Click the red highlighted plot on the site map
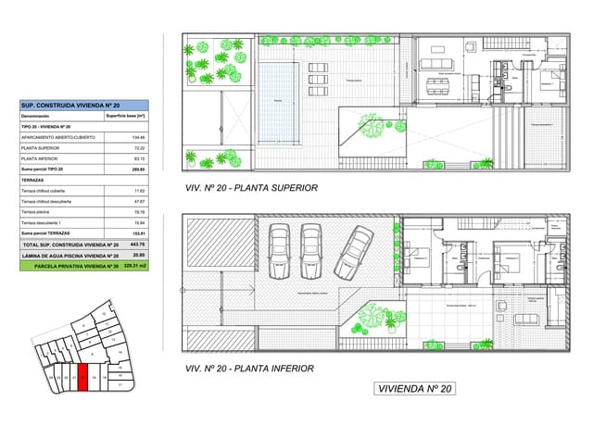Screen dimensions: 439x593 click(84, 376)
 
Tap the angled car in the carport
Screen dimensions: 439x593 click(353, 250)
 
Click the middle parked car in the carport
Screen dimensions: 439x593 click(310, 250)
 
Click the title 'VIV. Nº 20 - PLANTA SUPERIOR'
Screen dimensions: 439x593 click(252, 188)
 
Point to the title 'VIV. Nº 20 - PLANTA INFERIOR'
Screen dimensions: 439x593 click(250, 368)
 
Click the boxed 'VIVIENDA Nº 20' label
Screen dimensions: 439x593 click(415, 388)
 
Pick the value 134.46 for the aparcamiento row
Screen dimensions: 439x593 click(139, 137)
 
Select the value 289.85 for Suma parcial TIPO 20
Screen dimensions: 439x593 click(139, 169)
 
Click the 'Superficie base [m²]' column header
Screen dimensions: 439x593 click(126, 117)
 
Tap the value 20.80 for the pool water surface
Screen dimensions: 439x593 click(139, 255)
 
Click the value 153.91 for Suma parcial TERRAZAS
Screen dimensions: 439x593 click(139, 232)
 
